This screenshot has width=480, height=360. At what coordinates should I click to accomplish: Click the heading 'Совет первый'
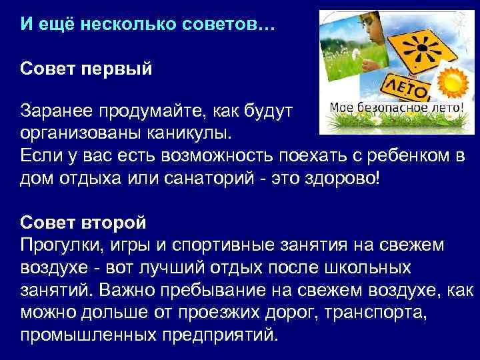pyautogui.click(x=87, y=70)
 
